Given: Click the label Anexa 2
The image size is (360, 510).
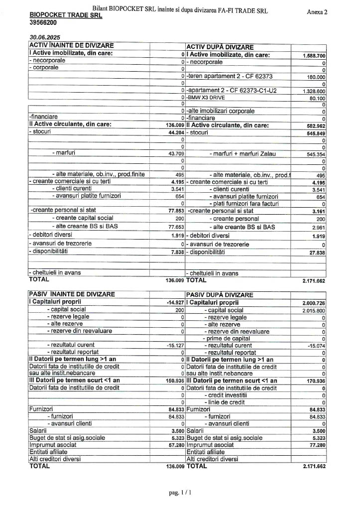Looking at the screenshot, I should tap(317, 12).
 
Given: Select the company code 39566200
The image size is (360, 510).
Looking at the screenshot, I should tap(43, 22).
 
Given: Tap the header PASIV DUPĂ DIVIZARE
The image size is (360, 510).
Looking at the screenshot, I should tap(220, 294).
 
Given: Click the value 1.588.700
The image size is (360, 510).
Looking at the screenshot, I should tap(314, 56).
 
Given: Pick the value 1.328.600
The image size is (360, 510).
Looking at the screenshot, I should tap(314, 91).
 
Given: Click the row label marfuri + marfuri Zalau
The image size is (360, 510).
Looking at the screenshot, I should tap(238, 154).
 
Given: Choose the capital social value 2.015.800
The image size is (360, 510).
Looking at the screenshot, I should tap(314, 310).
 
